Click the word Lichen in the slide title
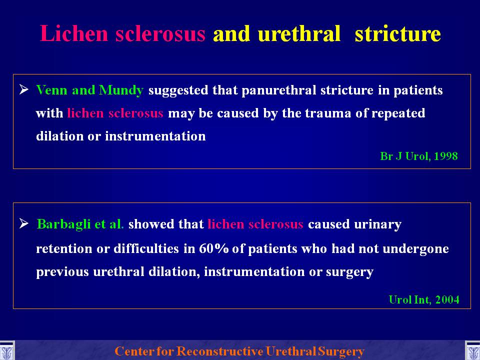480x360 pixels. (x=74, y=33)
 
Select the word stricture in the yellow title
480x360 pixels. (x=397, y=33)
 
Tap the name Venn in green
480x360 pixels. (x=51, y=90)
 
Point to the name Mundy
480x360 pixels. (x=121, y=90)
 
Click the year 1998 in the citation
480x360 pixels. (x=445, y=156)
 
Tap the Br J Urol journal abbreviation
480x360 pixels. (x=405, y=156)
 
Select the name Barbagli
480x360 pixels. (x=63, y=224)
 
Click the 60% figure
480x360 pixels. (x=213, y=248)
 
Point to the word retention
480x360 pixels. (x=64, y=248)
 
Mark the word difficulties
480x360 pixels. (x=146, y=248)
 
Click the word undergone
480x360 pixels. (x=415, y=249)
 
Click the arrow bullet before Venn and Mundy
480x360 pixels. (x=24, y=89)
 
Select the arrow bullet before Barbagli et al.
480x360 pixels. (x=24, y=223)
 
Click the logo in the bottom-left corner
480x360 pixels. (x=6, y=351)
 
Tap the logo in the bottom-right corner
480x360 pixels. (x=472, y=351)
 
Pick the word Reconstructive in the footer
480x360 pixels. (x=220, y=351)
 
